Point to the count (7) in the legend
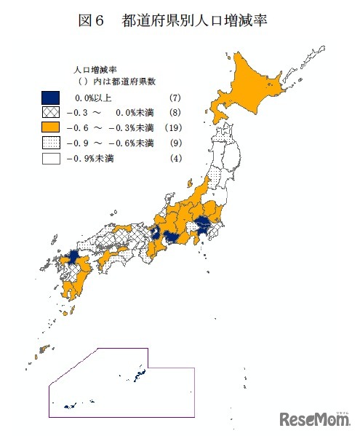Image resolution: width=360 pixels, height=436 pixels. (x=174, y=98)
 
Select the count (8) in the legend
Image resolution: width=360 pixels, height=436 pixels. (x=174, y=112)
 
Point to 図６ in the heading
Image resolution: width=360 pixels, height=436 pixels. (x=92, y=20)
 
